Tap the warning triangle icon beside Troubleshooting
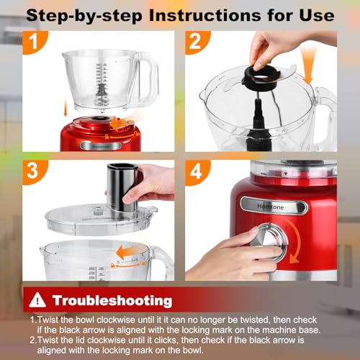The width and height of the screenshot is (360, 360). (37, 300)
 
